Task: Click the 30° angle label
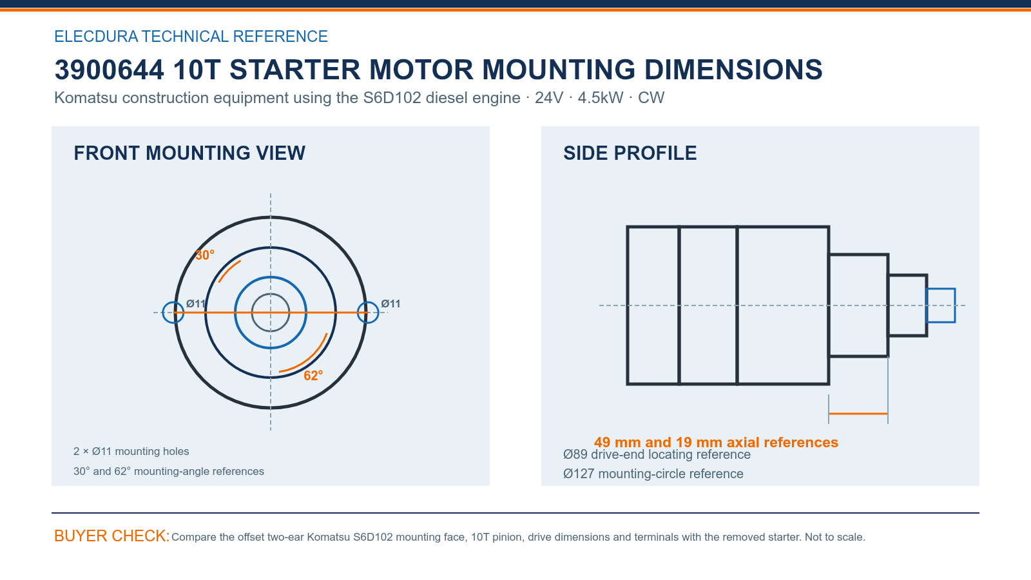pos(205,255)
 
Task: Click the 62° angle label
pos(313,376)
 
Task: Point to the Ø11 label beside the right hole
pos(390,304)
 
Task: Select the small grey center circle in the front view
pos(271,294)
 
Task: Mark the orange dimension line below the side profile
pos(858,414)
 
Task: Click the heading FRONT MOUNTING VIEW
pos(189,153)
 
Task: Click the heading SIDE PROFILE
pos(630,153)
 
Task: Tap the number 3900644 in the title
pos(109,70)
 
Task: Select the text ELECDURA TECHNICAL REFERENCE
pos(191,36)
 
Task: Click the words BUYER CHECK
pos(112,536)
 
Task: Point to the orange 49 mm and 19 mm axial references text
pos(716,442)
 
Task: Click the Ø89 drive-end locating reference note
pos(657,455)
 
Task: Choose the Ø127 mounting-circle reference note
pos(653,474)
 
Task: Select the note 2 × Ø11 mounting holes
pos(131,451)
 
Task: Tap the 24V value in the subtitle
pos(548,97)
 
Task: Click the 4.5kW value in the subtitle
pos(600,97)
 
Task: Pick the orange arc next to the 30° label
pos(228,270)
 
